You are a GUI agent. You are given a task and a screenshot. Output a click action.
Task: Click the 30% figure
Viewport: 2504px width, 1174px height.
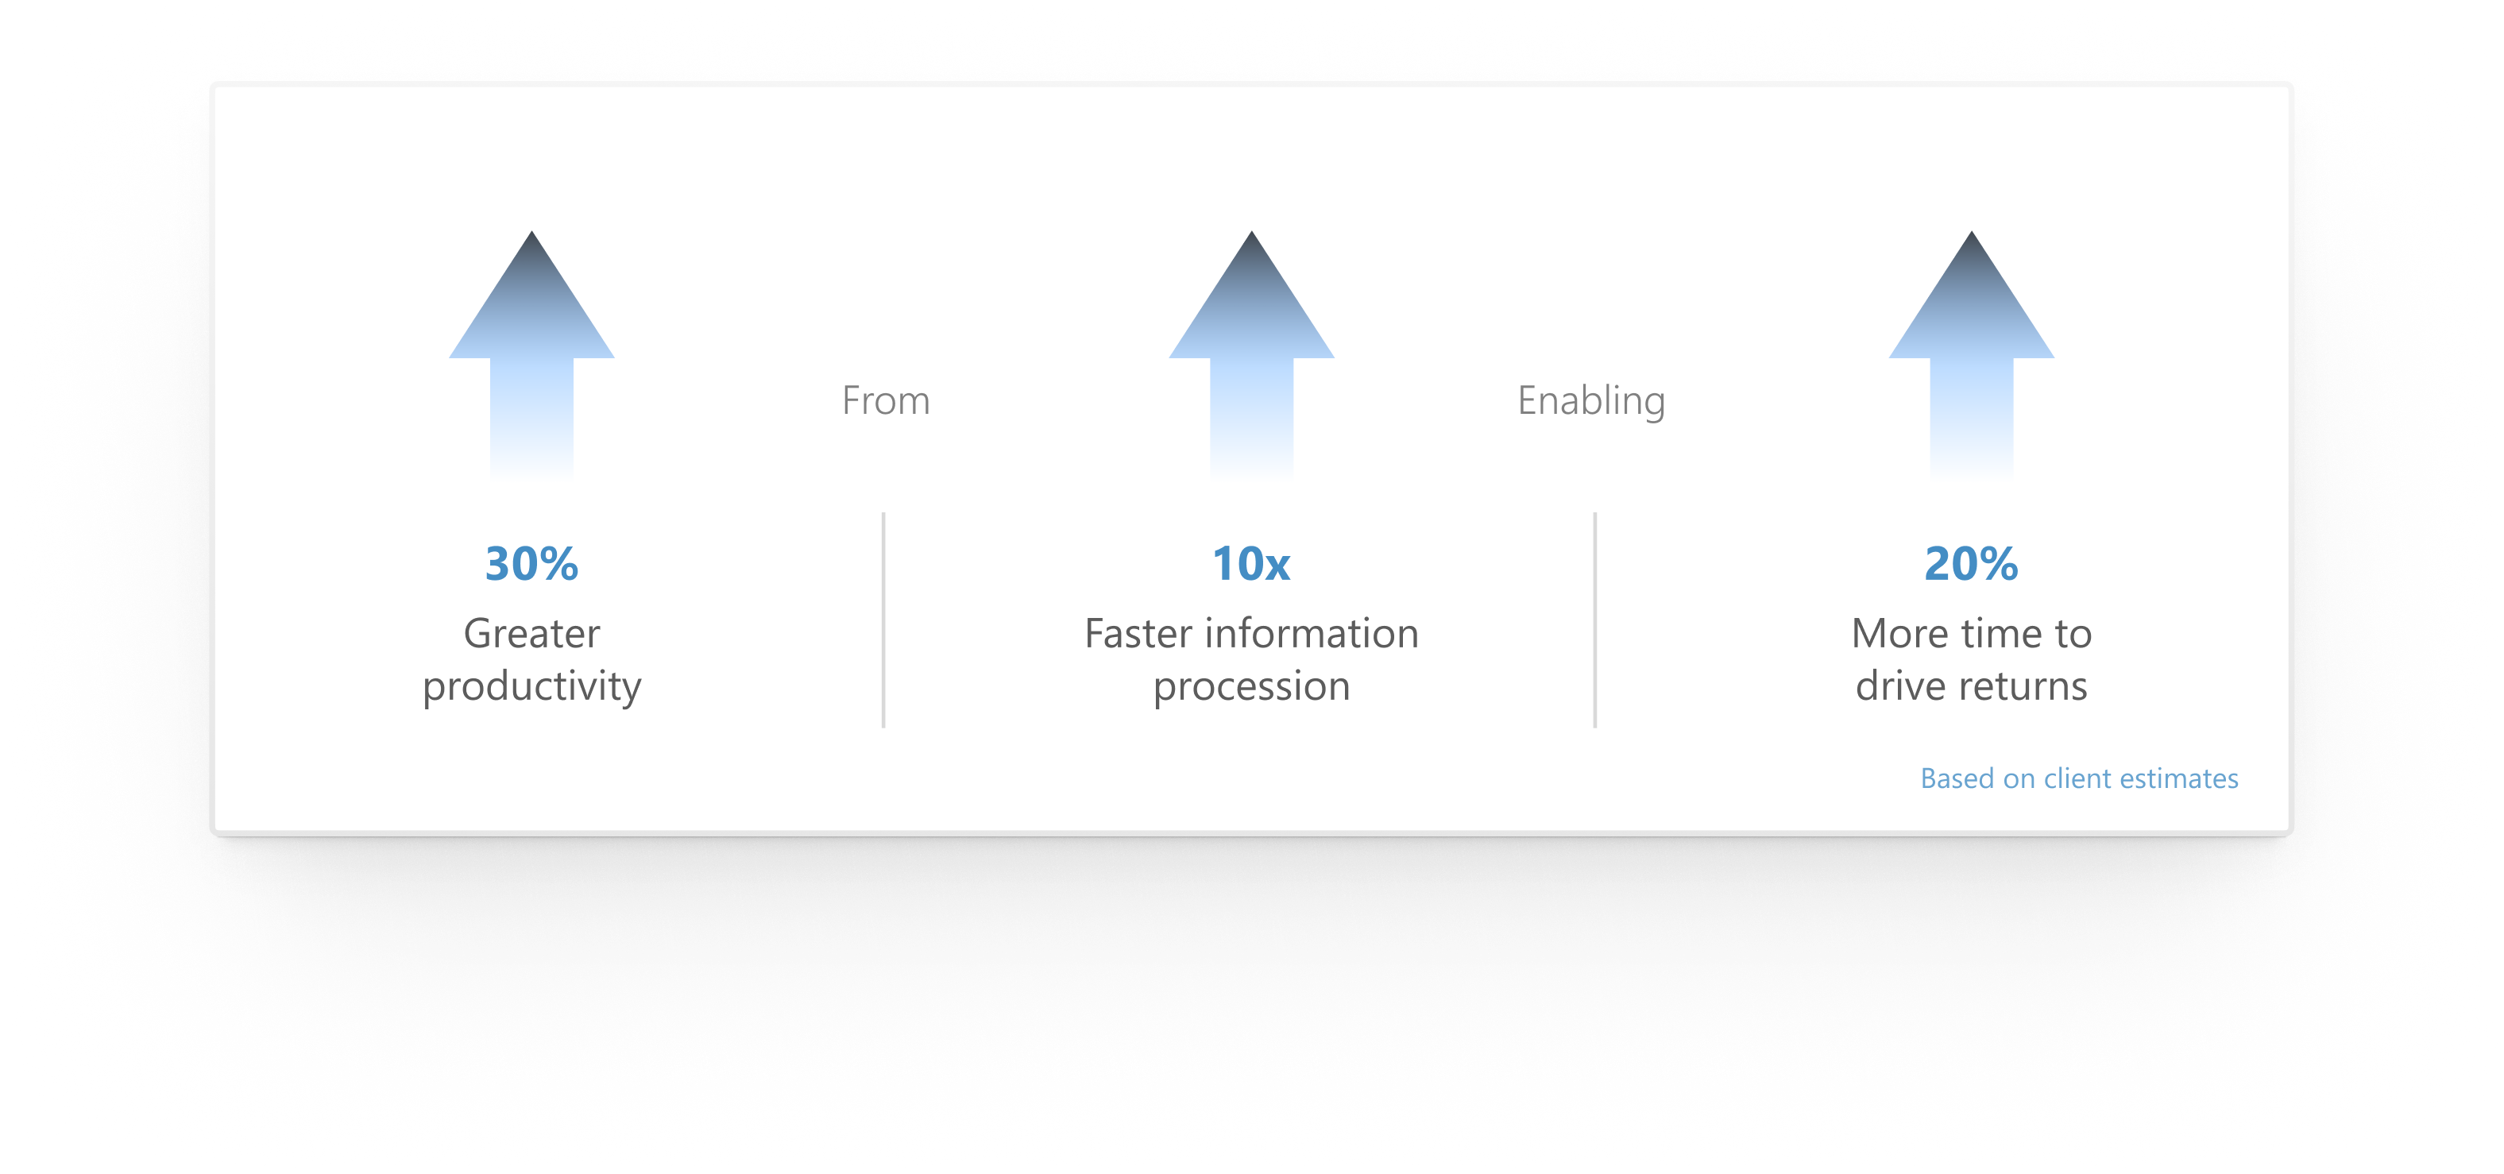[531, 564]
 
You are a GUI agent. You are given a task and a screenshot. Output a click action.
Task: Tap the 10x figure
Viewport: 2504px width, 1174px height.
[1251, 564]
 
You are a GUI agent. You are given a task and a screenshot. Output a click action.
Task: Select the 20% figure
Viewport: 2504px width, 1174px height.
[1970, 564]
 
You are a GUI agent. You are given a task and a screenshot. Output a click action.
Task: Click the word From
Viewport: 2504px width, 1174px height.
[886, 400]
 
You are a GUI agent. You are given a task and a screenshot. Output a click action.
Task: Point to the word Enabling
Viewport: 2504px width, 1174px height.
[1591, 400]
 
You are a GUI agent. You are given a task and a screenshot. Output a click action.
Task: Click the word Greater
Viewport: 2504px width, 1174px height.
[531, 634]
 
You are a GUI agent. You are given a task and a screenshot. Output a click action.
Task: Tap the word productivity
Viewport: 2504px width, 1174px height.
[531, 687]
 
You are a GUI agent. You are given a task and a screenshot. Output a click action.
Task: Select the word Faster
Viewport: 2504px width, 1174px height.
[1138, 634]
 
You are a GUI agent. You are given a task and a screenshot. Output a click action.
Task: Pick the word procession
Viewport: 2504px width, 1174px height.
[1251, 687]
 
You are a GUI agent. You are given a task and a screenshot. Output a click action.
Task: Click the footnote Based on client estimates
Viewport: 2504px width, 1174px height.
[2078, 778]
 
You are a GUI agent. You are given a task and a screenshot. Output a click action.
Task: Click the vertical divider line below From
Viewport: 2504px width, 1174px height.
[883, 620]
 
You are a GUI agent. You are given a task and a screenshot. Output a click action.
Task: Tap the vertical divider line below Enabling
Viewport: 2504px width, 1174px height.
[1595, 620]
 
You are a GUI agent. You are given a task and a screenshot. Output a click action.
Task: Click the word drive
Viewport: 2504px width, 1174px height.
[1900, 687]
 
